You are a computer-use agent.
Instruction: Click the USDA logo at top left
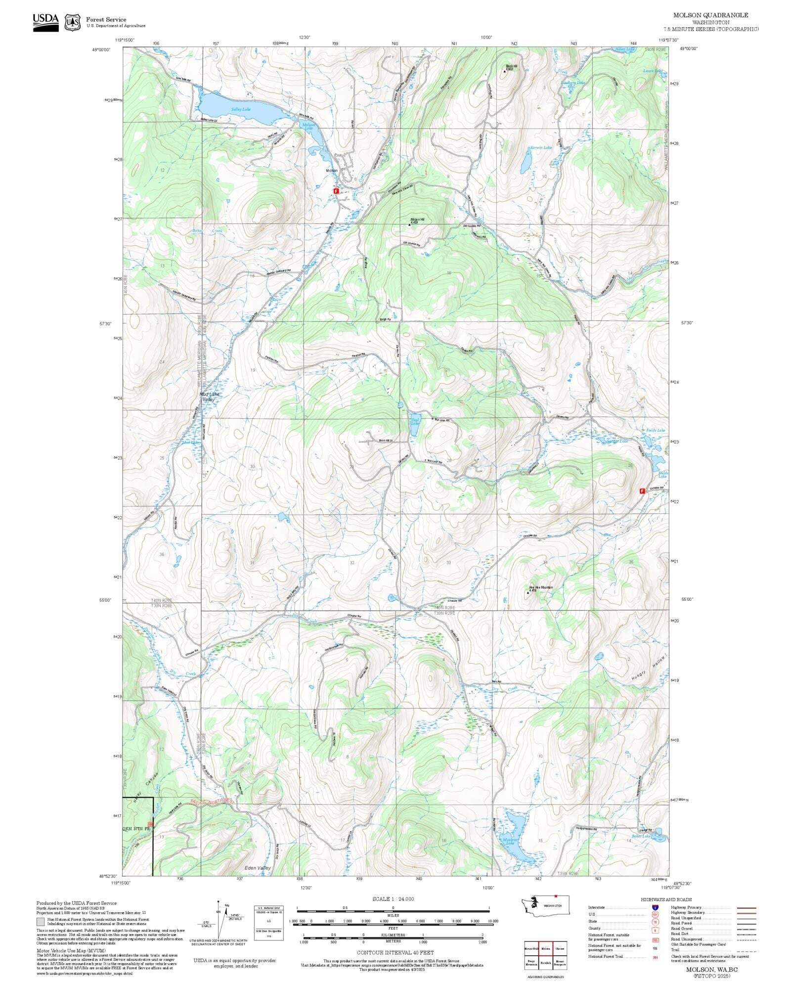pyautogui.click(x=45, y=23)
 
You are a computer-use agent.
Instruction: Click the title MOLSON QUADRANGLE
pyautogui.click(x=710, y=15)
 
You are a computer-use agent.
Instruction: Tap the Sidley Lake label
pyautogui.click(x=241, y=109)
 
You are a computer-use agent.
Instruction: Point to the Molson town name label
pyautogui.click(x=332, y=171)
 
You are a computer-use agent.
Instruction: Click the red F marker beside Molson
pyautogui.click(x=336, y=190)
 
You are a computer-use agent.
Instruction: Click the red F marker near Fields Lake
pyautogui.click(x=642, y=491)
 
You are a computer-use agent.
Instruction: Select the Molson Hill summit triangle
pyautogui.click(x=409, y=224)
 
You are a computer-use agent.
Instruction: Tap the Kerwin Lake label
pyautogui.click(x=541, y=147)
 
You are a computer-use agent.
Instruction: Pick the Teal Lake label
pyautogui.click(x=415, y=422)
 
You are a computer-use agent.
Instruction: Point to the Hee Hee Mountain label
pyautogui.click(x=541, y=587)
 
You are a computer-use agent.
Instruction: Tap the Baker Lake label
pyautogui.click(x=641, y=836)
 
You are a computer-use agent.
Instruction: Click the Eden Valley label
pyautogui.click(x=258, y=868)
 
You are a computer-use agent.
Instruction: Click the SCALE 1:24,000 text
pyautogui.click(x=393, y=899)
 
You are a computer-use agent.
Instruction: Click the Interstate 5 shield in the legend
pyautogui.click(x=656, y=908)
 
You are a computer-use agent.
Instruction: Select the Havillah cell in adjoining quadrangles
pyautogui.click(x=545, y=963)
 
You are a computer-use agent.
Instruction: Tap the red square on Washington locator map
pyautogui.click(x=556, y=896)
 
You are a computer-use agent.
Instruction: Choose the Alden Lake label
pyautogui.click(x=624, y=49)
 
